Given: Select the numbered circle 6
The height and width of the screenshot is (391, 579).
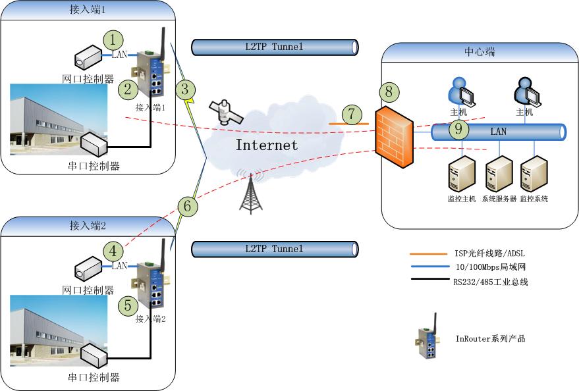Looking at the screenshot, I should pos(188,206).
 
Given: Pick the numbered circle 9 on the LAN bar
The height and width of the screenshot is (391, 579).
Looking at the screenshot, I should pos(458,130).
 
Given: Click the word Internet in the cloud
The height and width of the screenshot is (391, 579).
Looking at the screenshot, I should pos(267,145).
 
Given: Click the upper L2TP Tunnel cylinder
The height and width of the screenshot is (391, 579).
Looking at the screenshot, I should pos(275,47).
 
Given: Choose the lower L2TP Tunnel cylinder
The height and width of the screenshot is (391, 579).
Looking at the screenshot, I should pos(275,249).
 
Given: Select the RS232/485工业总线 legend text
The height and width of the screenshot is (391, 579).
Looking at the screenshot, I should pos(491,282).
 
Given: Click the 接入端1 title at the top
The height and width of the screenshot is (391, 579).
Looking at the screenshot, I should pos(88,10).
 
